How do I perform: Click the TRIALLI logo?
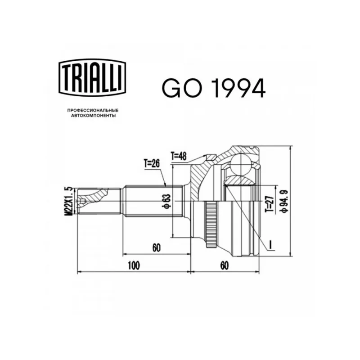92,77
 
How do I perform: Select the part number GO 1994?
214,88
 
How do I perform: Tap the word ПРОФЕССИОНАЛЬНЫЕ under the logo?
93,110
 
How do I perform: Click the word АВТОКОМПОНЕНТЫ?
93,116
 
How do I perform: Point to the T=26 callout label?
152,164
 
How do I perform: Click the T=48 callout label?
179,156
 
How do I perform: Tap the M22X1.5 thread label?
69,201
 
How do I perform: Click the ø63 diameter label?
167,201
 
